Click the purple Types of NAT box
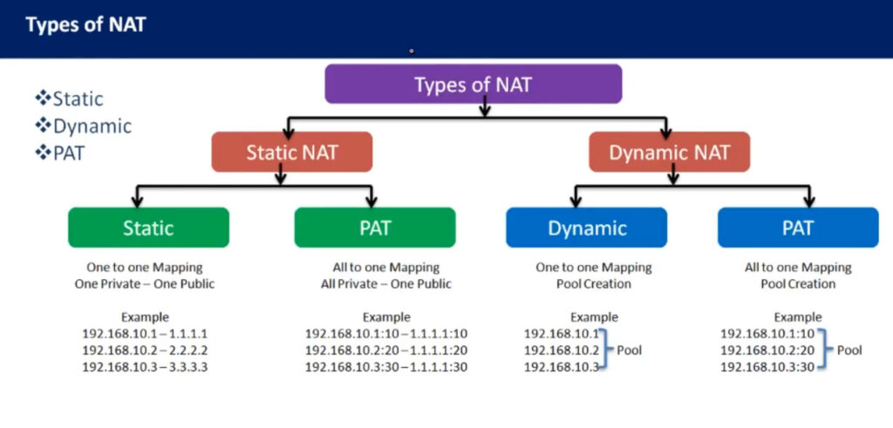[x=474, y=84]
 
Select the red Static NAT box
[x=291, y=152]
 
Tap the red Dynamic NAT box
[x=669, y=152]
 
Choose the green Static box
[x=148, y=228]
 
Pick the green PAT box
[x=375, y=228]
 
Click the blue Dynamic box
[x=587, y=228]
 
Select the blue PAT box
[x=798, y=228]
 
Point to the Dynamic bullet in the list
[x=83, y=126]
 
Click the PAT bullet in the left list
[x=60, y=153]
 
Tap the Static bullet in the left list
[x=69, y=99]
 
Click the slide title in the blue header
[x=86, y=25]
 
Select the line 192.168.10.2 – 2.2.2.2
[x=145, y=350]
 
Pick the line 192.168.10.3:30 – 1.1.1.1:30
[x=386, y=367]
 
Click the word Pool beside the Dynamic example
[x=630, y=350]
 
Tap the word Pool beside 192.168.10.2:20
[x=849, y=350]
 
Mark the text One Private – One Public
[x=145, y=283]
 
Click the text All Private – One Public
[x=386, y=283]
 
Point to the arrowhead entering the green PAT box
[x=372, y=201]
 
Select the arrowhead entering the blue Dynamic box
[x=576, y=201]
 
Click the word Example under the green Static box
[x=145, y=317]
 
